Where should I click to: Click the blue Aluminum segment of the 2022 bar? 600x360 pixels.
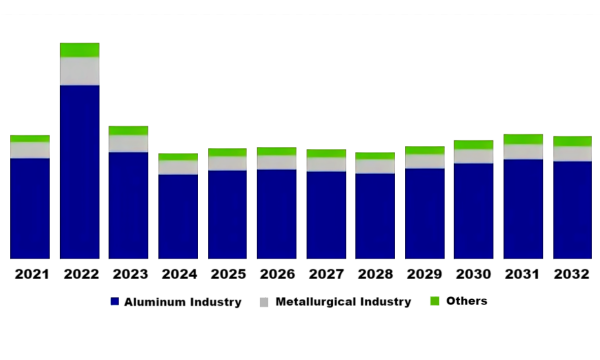[x=79, y=172]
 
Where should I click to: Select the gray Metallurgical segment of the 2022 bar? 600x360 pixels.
[x=79, y=71]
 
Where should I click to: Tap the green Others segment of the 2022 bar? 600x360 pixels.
[x=79, y=50]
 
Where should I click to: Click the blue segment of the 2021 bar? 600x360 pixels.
[x=30, y=208]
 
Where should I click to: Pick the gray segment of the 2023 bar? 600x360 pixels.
[x=128, y=143]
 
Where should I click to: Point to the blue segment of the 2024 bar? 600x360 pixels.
[x=178, y=216]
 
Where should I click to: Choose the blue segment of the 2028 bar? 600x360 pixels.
[x=375, y=216]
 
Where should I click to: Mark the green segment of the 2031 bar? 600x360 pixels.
[x=523, y=139]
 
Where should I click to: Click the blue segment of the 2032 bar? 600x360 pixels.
[x=572, y=210]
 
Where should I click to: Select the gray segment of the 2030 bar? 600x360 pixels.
[x=473, y=156]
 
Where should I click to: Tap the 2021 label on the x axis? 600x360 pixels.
[x=30, y=273]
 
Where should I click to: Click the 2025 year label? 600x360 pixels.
[x=227, y=273]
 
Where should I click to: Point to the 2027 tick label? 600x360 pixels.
[x=326, y=273]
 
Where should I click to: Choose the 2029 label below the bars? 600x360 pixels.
[x=424, y=273]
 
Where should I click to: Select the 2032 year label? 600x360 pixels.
[x=572, y=273]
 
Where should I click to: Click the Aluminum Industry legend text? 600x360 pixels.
[x=182, y=302]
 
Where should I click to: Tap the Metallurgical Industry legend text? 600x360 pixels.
[x=343, y=302]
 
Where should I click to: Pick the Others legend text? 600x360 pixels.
[x=467, y=301]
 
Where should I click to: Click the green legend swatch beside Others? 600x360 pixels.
[x=435, y=301]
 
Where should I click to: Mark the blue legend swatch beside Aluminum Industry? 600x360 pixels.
[x=114, y=302]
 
